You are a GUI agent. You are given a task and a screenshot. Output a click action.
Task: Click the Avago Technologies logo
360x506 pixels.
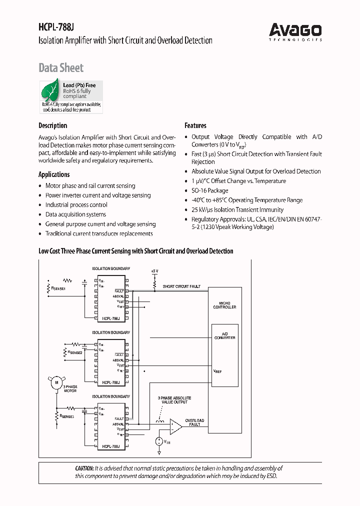(x=295, y=31)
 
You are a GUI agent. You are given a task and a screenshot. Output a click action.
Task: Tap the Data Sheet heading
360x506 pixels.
(x=61, y=68)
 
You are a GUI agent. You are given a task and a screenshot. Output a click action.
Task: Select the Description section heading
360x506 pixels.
(x=52, y=125)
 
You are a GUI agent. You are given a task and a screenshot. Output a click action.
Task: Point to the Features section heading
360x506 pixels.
(x=195, y=125)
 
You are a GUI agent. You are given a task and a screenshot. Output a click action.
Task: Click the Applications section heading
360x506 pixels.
(x=54, y=174)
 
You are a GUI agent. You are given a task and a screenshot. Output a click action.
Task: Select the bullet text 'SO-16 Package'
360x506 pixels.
(x=209, y=190)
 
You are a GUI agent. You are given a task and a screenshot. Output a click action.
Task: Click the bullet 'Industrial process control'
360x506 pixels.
(x=76, y=205)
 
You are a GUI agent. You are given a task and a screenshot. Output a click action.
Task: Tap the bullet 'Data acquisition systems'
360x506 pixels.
(x=75, y=214)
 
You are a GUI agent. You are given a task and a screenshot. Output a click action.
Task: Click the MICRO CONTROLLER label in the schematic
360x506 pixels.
(x=224, y=305)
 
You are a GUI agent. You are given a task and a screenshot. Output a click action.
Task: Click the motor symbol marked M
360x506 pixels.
(x=56, y=382)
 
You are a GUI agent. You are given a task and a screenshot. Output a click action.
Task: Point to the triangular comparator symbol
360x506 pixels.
(x=175, y=426)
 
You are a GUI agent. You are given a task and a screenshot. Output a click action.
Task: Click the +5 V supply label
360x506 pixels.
(x=154, y=270)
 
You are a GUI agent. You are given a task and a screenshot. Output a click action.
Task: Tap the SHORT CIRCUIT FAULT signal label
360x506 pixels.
(x=181, y=286)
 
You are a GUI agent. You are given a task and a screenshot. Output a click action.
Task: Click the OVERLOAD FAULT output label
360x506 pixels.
(x=194, y=422)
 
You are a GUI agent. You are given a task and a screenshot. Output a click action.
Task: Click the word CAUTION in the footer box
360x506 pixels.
(x=84, y=468)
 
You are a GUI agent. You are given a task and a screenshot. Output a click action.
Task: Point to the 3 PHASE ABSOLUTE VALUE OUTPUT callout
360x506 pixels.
(x=173, y=400)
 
